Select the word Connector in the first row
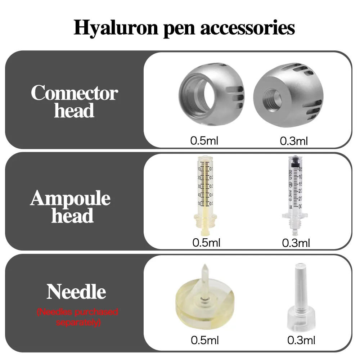pyautogui.click(x=74, y=93)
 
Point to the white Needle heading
pyautogui.click(x=76, y=292)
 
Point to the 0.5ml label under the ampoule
pyautogui.click(x=206, y=243)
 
